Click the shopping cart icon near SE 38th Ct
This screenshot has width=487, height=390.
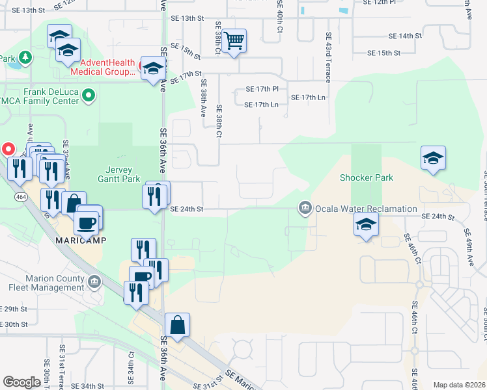coord(234,42)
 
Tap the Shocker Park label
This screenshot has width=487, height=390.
coord(367,177)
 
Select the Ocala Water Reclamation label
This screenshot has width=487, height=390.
coord(365,209)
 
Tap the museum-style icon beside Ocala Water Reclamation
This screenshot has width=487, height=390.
coord(304,209)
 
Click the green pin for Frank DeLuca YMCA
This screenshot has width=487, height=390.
coord(89,96)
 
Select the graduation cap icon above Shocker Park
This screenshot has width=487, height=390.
coord(433,158)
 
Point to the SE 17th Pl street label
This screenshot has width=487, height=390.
coord(262,88)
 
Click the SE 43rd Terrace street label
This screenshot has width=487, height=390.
coord(328,57)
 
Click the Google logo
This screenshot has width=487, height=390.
coord(21,382)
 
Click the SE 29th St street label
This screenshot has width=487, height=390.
coord(14,309)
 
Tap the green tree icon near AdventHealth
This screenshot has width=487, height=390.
coord(25,58)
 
